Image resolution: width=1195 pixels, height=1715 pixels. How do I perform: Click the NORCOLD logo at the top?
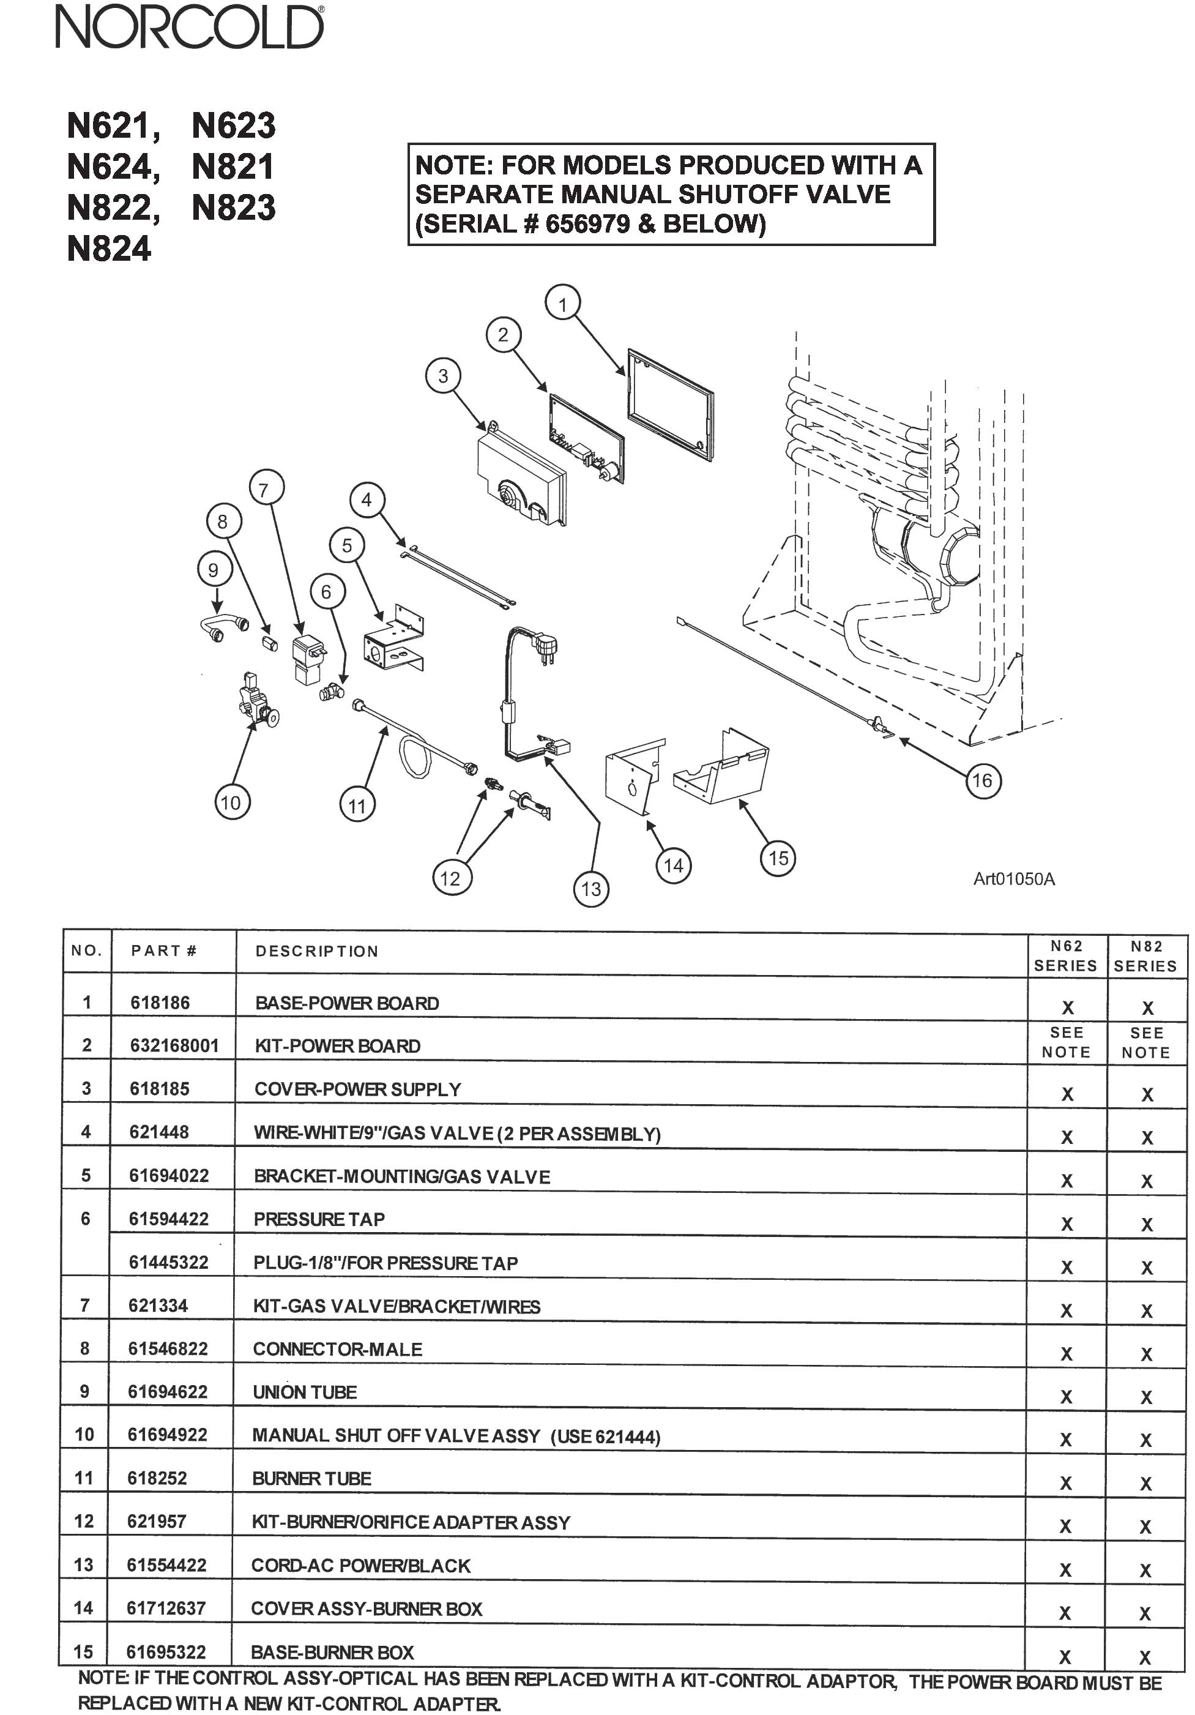(190, 28)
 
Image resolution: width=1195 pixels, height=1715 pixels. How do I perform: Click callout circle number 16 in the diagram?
(981, 780)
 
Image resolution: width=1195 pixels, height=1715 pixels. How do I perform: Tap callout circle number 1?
(563, 304)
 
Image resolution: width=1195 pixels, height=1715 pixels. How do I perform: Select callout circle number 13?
(591, 889)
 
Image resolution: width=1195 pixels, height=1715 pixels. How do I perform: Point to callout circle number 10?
(231, 802)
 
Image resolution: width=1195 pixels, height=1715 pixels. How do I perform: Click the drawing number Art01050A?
(1013, 878)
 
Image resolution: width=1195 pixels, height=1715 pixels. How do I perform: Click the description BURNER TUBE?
(311, 1478)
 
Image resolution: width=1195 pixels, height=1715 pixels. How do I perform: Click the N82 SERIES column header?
(1145, 956)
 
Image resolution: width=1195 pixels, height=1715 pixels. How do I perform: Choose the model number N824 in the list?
(109, 248)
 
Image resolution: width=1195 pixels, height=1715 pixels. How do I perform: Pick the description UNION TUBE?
(305, 1392)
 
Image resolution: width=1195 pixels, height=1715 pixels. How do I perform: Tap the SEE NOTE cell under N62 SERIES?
(1066, 1042)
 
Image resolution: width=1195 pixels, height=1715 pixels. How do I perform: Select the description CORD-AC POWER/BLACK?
(361, 1565)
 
